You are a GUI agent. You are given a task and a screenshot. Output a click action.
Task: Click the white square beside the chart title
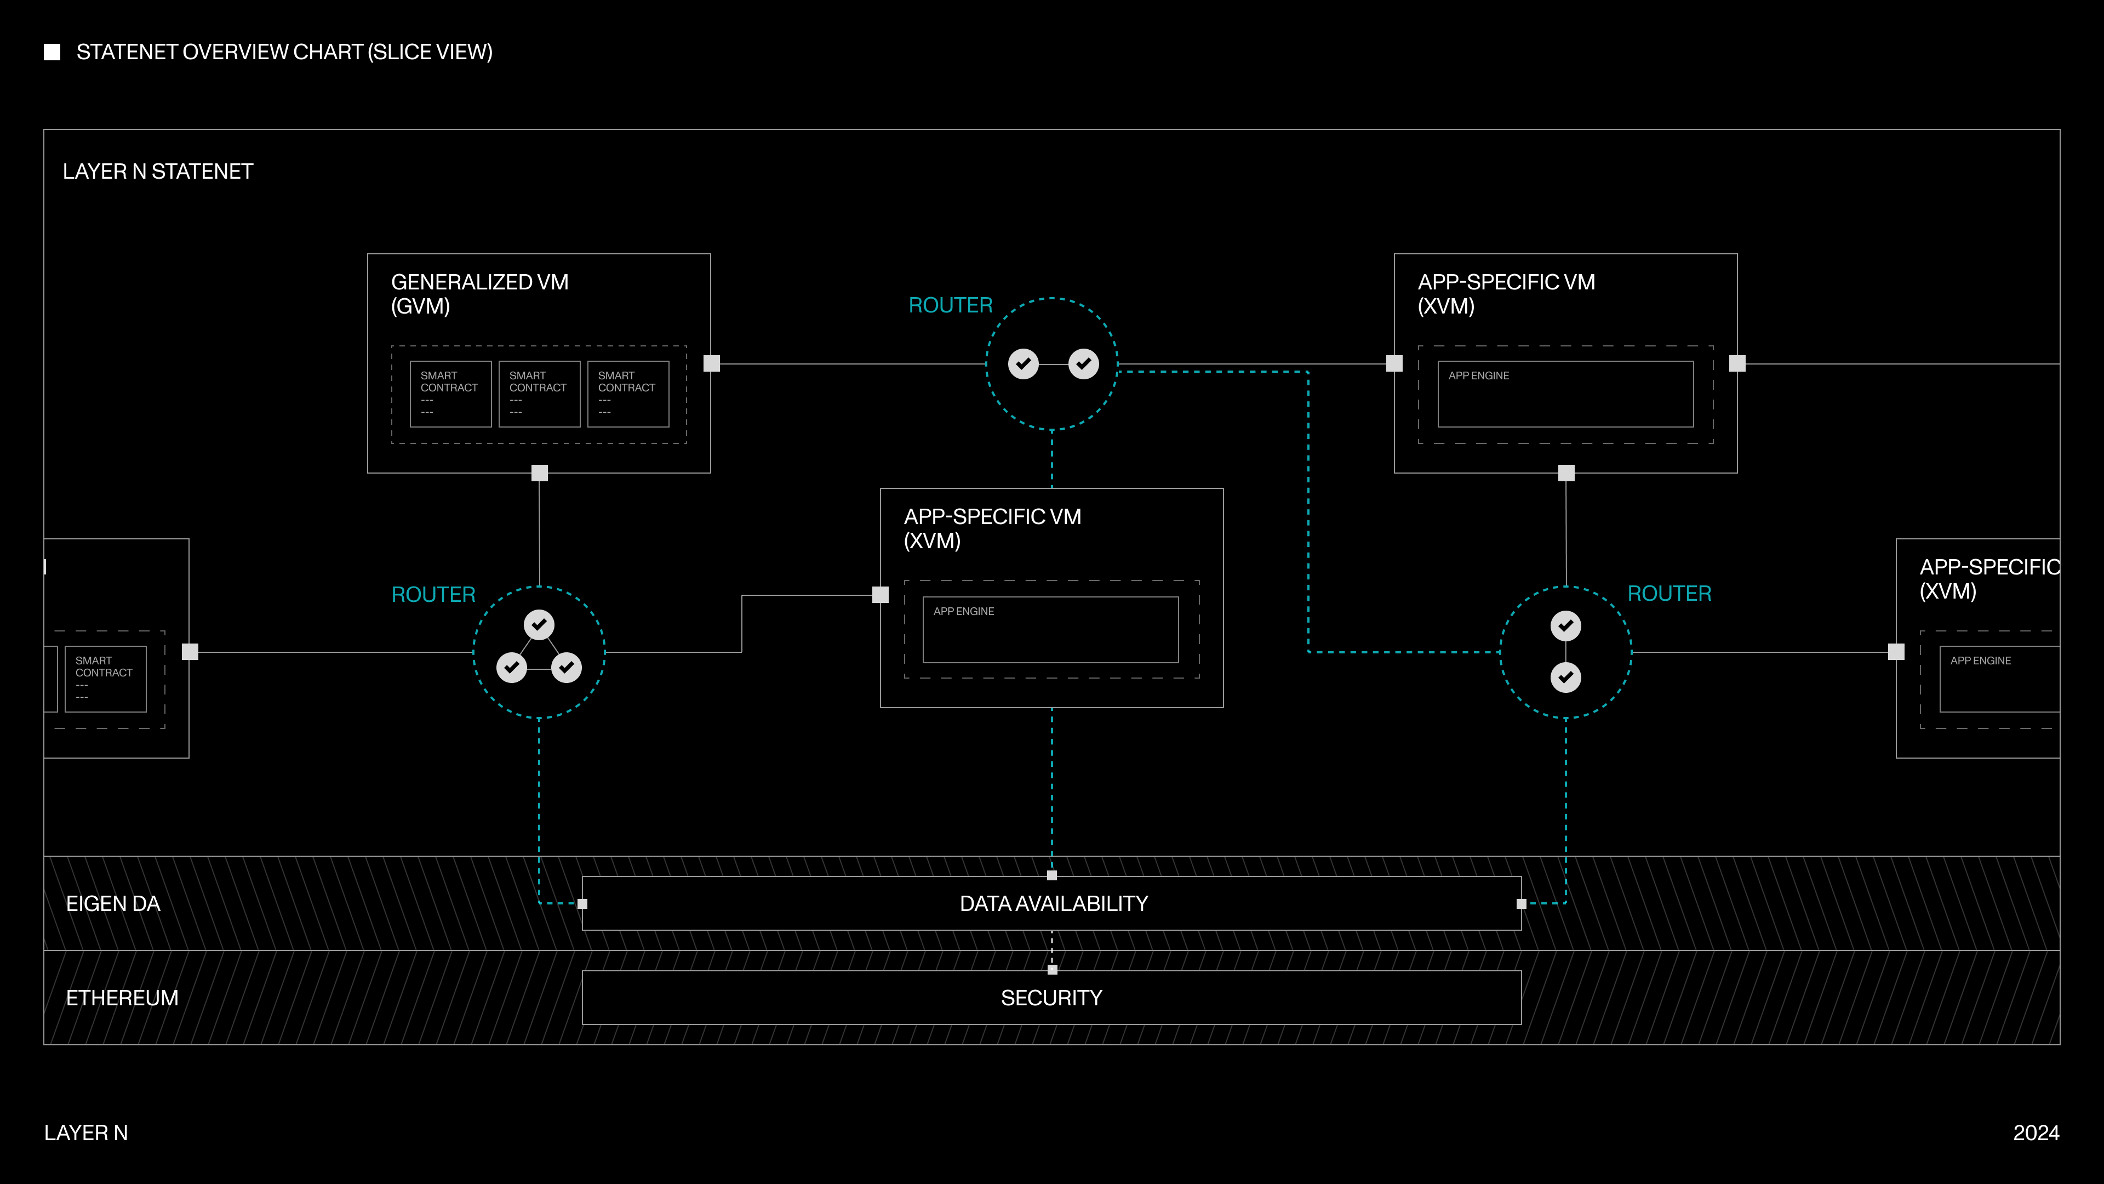point(52,52)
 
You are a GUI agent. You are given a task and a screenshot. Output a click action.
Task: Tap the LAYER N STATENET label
point(158,172)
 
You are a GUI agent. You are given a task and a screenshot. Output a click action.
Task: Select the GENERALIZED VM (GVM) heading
point(479,293)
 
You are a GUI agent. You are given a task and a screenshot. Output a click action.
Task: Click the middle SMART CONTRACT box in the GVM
point(539,394)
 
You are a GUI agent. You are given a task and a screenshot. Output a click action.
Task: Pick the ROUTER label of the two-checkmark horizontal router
point(950,306)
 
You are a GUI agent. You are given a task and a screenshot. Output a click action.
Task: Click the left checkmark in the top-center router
point(1022,363)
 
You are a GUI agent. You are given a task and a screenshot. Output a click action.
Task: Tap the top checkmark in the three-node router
point(539,625)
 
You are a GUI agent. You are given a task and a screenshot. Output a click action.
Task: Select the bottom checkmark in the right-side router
point(1565,678)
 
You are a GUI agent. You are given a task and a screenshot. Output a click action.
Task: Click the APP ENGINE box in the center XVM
point(1050,629)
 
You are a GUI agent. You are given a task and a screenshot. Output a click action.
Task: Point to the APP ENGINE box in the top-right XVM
point(1565,394)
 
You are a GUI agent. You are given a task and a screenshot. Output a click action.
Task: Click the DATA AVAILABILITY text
point(1053,904)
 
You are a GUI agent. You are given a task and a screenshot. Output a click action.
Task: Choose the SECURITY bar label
point(1051,998)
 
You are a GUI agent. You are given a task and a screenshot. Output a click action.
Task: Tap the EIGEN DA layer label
point(113,904)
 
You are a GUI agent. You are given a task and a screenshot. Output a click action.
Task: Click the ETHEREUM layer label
point(122,998)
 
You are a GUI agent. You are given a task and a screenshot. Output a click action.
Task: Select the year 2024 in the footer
point(2036,1132)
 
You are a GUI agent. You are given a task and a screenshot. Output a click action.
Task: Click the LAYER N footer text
point(86,1132)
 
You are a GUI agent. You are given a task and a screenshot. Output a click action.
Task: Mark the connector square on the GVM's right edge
point(711,363)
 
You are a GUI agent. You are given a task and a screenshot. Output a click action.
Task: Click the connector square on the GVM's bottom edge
point(539,473)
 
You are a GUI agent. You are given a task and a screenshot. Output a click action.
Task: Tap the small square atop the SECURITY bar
point(1052,970)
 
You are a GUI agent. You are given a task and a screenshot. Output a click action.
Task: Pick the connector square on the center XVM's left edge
point(881,595)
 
